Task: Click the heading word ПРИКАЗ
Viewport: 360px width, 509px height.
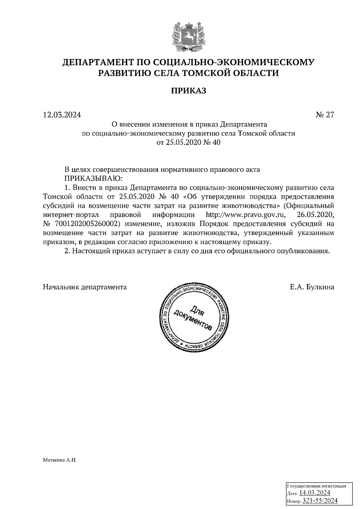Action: click(189, 91)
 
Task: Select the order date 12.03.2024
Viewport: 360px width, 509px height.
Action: click(62, 115)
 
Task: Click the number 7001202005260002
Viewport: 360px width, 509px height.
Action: click(83, 224)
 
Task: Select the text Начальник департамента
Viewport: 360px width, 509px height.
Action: click(85, 287)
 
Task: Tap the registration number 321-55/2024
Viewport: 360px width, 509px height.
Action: click(320, 501)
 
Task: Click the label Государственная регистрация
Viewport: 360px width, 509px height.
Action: click(316, 486)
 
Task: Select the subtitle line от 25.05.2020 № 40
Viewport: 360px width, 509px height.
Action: click(189, 142)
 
